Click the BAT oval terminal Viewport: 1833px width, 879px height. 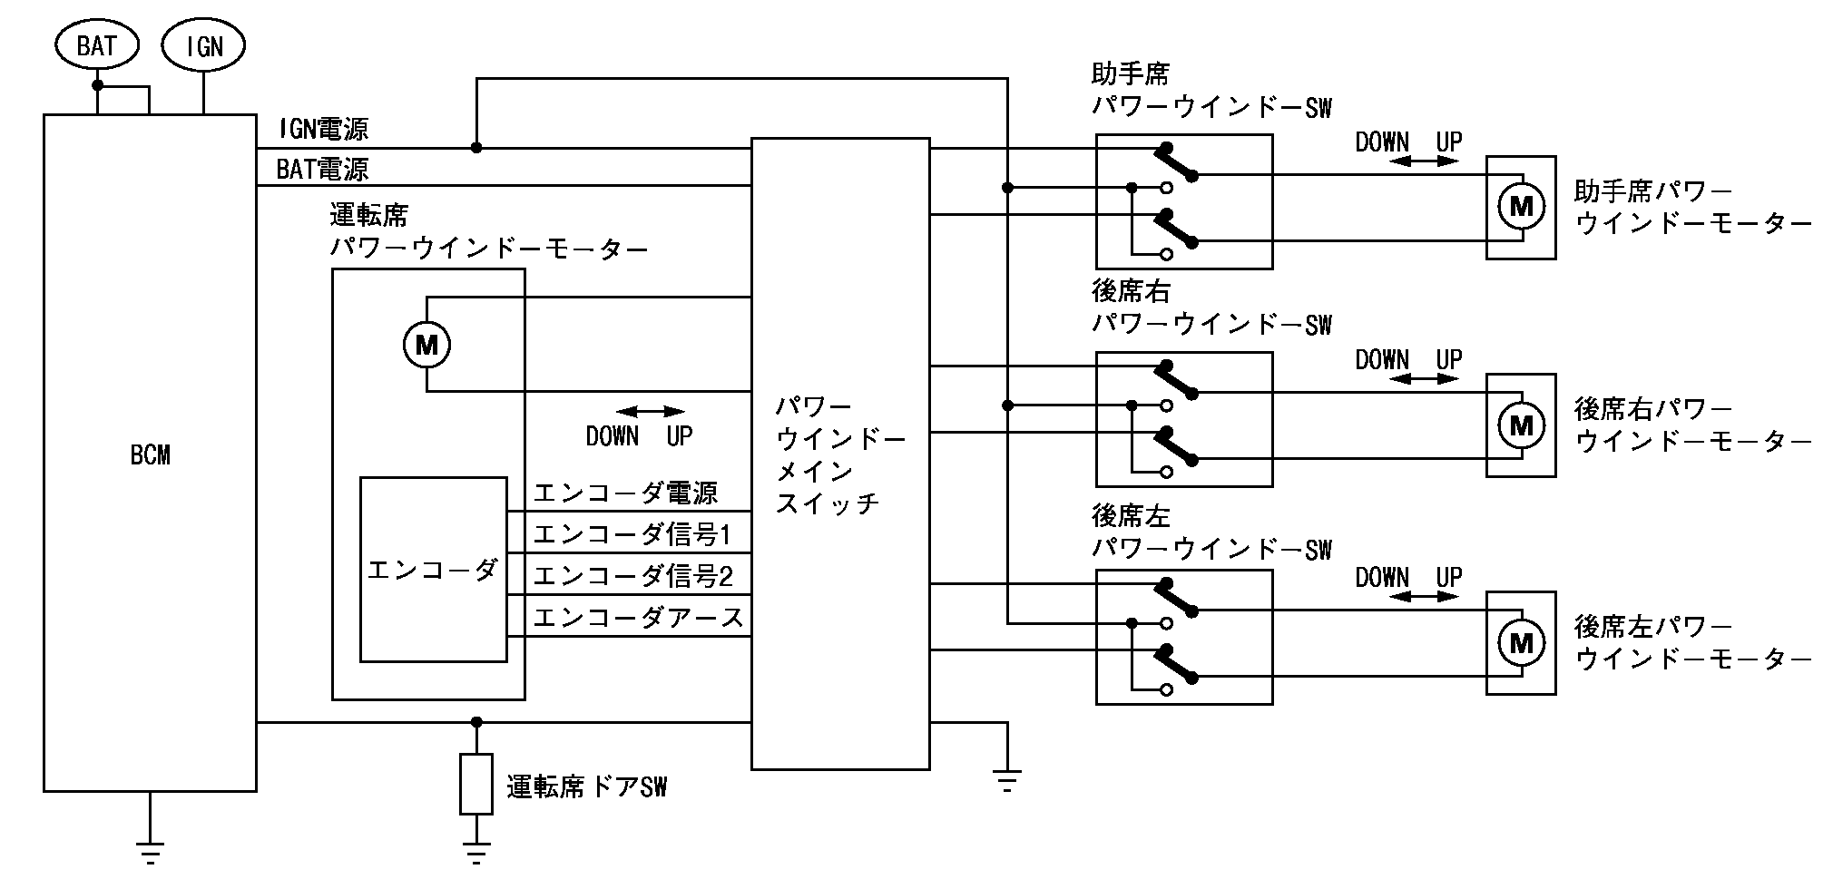pos(96,46)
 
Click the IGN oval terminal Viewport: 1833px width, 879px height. pos(203,46)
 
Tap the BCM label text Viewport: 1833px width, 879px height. pos(150,455)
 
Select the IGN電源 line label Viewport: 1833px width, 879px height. pos(323,130)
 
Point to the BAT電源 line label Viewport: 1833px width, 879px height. pos(323,169)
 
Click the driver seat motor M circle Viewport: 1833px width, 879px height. pos(426,345)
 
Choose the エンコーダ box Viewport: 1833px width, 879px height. pos(433,570)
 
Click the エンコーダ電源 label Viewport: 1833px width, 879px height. pos(625,493)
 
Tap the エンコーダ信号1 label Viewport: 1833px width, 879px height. pos(632,535)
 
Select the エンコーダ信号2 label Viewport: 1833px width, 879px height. pos(632,577)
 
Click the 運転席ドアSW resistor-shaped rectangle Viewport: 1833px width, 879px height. pos(475,784)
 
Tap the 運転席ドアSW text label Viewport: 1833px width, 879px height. pos(586,787)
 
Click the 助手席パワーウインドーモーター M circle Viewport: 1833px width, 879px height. pos(1521,207)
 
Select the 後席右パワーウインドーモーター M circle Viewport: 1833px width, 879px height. pos(1521,425)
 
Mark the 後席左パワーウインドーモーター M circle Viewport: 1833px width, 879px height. pos(1521,642)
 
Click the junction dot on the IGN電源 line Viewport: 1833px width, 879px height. pos(475,148)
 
